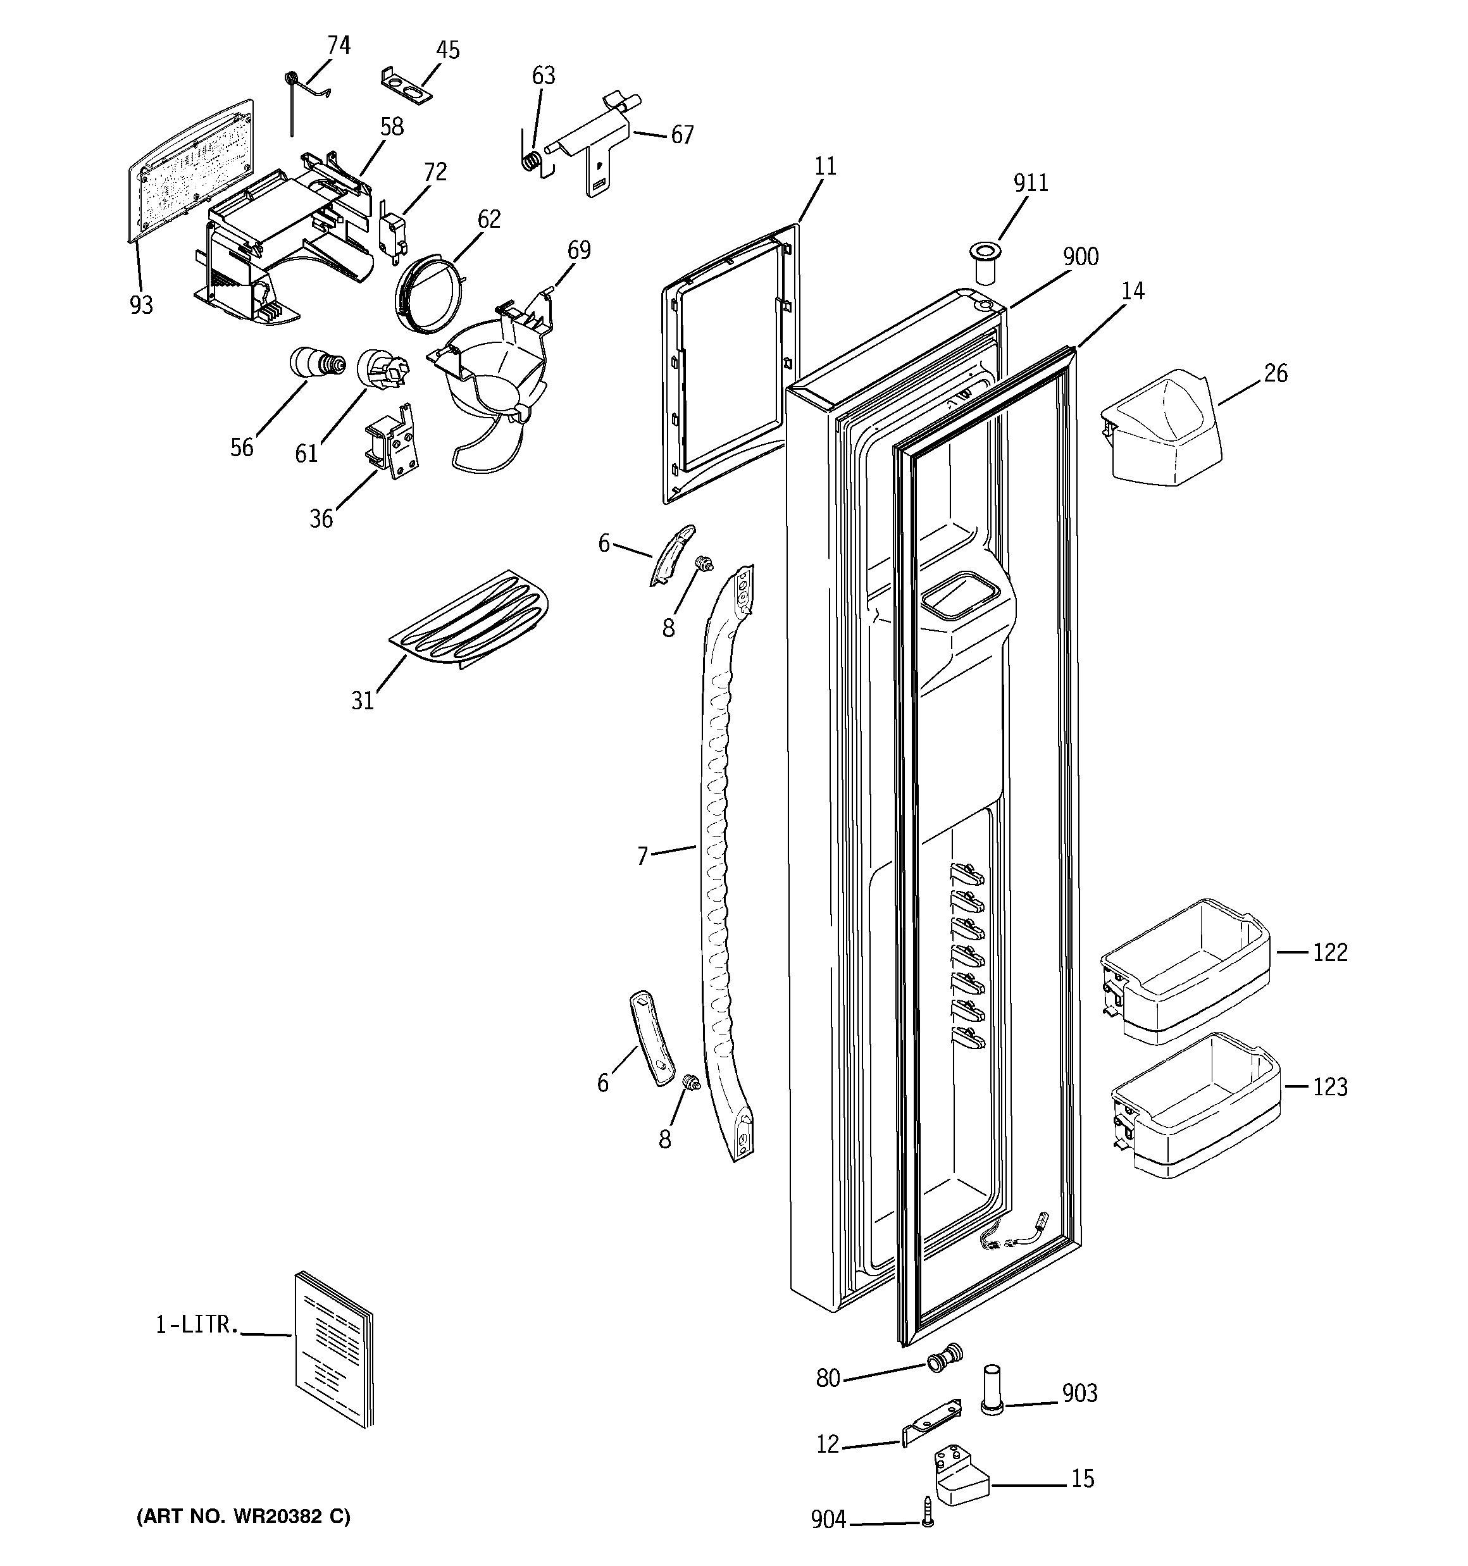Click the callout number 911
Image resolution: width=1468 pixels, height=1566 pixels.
[x=1030, y=183]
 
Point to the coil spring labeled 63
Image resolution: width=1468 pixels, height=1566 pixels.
[x=533, y=159]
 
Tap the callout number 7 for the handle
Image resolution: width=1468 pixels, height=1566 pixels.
[x=642, y=855]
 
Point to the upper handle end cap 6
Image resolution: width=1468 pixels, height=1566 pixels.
[x=671, y=554]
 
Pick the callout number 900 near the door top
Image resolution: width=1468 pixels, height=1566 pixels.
[x=1079, y=258]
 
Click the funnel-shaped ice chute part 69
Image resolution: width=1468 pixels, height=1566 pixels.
[x=492, y=370]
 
